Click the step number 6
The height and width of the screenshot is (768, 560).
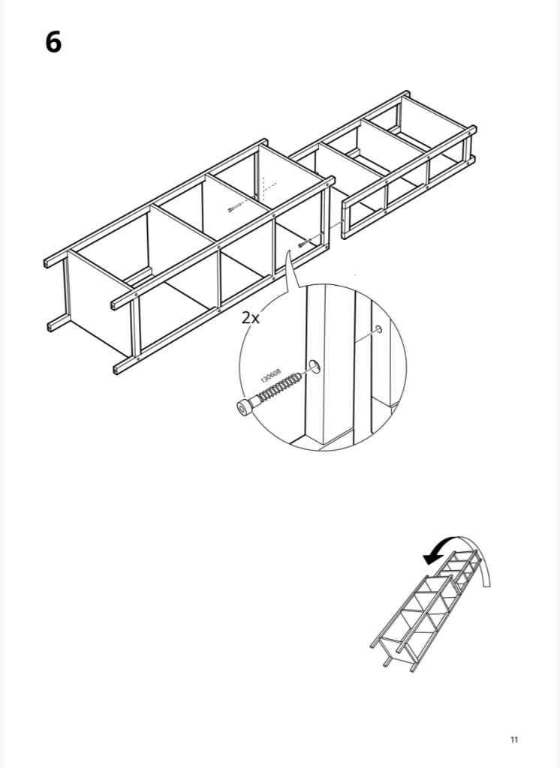[53, 42]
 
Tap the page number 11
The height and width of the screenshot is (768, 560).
[514, 739]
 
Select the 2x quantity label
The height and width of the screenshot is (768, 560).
[251, 318]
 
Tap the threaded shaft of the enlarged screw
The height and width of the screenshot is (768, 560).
[276, 388]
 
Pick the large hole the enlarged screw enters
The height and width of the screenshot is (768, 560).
[315, 366]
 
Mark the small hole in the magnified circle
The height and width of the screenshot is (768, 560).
[378, 328]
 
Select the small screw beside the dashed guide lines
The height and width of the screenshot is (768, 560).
[236, 208]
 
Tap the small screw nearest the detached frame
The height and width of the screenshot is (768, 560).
[305, 241]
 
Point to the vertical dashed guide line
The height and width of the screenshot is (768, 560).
[263, 188]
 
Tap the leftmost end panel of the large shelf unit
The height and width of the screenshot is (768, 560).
[98, 303]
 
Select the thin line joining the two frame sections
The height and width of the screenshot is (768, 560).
[335, 225]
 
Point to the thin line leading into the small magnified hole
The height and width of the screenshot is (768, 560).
[366, 335]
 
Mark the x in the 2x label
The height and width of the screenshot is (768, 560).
[255, 319]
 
